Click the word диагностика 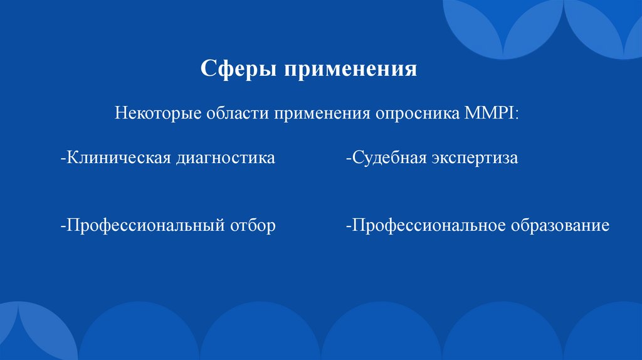tap(226, 157)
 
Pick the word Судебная tap(387, 157)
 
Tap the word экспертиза tap(474, 157)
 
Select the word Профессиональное tap(428, 225)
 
